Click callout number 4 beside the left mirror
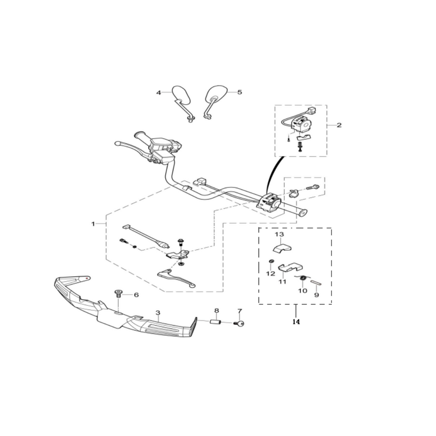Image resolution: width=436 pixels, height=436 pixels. [159, 93]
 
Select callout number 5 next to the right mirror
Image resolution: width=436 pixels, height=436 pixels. [239, 92]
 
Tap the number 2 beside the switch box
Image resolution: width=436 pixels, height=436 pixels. [339, 125]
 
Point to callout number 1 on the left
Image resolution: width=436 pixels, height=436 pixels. [93, 224]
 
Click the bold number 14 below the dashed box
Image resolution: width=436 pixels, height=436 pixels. [296, 322]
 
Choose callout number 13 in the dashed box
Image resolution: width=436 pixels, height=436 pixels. [280, 234]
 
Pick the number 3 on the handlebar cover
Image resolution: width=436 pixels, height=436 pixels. [158, 313]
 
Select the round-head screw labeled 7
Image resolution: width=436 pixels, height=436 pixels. [239, 323]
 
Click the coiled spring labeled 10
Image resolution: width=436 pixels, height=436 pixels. [303, 277]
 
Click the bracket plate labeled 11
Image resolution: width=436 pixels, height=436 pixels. [290, 267]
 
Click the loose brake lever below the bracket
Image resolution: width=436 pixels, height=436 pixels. [176, 278]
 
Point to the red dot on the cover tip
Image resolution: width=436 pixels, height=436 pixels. [88, 278]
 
